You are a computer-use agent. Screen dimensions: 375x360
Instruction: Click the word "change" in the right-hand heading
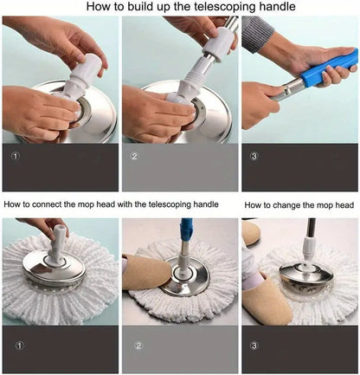point(294,205)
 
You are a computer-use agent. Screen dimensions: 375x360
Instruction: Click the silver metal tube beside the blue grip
point(290,86)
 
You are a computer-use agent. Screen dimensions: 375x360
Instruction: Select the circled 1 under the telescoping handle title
point(14,157)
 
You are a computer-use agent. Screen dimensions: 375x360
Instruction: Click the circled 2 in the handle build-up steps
point(134,157)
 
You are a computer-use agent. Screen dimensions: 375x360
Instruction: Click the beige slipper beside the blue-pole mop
point(145,271)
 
